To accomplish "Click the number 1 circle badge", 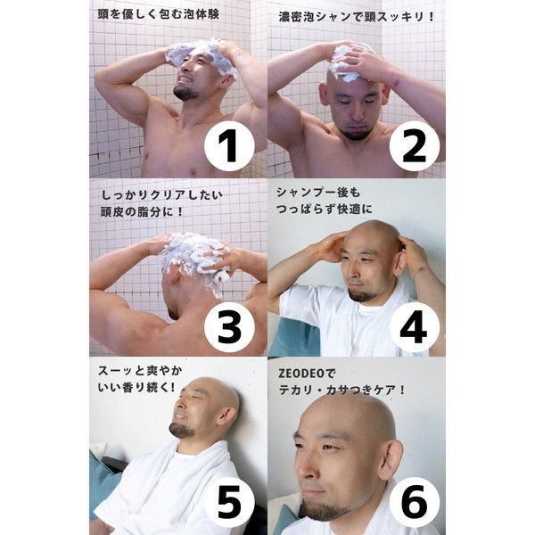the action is point(229,146).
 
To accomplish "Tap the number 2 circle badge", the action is point(415,146).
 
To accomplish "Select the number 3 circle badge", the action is point(229,327).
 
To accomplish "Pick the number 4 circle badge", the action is point(415,327).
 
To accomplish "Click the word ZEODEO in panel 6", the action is point(301,374).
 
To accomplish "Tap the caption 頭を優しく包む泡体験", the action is point(158,14).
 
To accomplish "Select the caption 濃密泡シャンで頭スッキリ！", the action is point(356,16).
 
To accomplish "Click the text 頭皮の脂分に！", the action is point(142,212).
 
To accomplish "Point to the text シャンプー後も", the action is point(318,193).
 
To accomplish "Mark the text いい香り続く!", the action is point(136,387).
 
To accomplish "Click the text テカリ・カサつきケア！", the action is point(342,390).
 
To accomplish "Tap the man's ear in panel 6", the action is point(391,457).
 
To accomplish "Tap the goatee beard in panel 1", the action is point(185,92).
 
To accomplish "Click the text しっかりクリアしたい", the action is point(161,194).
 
